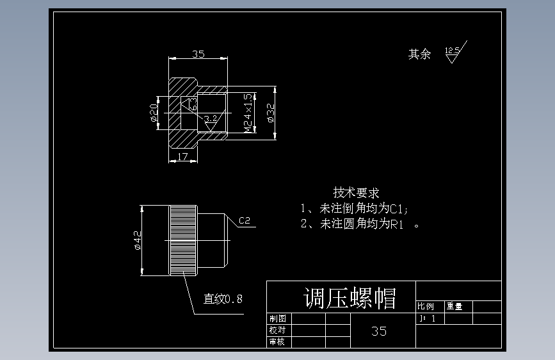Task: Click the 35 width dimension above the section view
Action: (198, 54)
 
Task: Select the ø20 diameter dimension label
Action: (154, 112)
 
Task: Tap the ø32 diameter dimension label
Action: (270, 112)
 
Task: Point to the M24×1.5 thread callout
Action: (248, 113)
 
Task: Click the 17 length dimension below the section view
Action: (182, 157)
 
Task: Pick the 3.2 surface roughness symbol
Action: (211, 119)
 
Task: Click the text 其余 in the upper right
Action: (419, 54)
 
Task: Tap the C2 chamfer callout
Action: (244, 222)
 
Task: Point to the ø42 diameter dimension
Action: (137, 240)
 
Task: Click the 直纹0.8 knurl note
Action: (223, 299)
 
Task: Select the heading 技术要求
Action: (356, 192)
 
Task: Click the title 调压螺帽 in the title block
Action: (350, 298)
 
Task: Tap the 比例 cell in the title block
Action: (426, 306)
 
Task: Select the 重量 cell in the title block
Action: (454, 306)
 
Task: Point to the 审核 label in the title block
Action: (277, 342)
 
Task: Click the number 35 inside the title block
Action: (379, 331)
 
